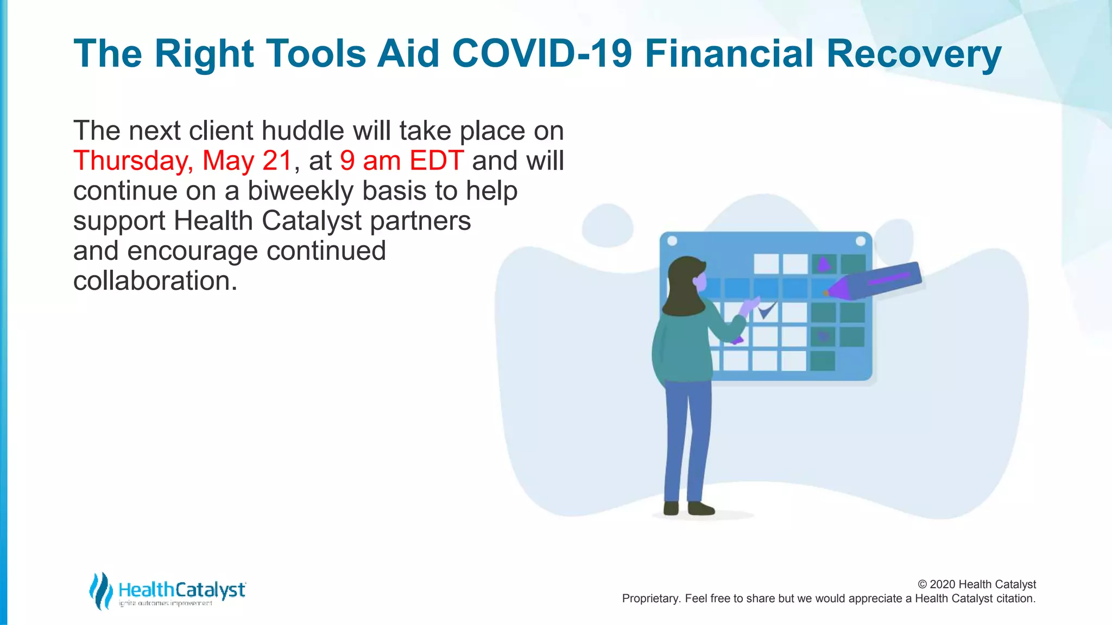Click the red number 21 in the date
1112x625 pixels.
(277, 161)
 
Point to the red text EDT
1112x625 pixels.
(437, 161)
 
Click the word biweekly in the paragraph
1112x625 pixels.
(300, 191)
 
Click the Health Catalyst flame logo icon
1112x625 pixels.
(100, 590)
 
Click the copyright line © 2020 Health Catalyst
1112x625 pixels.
(976, 584)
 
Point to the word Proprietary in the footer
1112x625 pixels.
(650, 598)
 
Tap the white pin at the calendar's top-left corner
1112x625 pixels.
(672, 241)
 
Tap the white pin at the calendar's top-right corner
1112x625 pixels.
(861, 241)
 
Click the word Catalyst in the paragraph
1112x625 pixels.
(312, 221)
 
